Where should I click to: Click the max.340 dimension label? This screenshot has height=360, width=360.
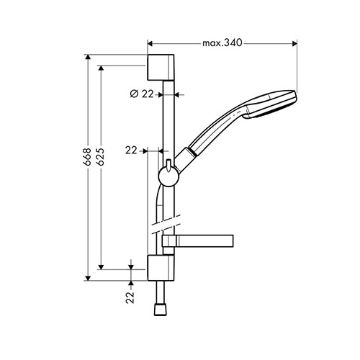click(x=222, y=43)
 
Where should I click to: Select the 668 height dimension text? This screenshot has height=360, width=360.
click(x=87, y=157)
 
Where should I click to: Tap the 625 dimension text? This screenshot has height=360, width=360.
click(x=101, y=157)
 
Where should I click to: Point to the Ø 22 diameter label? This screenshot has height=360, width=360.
click(x=142, y=94)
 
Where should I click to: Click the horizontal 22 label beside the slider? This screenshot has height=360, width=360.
click(x=131, y=150)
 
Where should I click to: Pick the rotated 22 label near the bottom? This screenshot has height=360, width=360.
click(x=130, y=297)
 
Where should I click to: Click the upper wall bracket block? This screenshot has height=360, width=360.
click(x=161, y=68)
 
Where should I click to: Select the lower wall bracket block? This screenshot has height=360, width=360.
click(x=161, y=268)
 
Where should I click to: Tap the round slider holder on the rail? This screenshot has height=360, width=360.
click(x=168, y=176)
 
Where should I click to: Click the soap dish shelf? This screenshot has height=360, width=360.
click(x=198, y=240)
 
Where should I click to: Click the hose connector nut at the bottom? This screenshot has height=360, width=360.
click(x=161, y=310)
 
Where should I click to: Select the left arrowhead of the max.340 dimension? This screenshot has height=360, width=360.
click(x=150, y=43)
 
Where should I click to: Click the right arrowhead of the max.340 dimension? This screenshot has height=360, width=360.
click(x=294, y=43)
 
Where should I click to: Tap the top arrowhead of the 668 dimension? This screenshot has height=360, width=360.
click(x=88, y=57)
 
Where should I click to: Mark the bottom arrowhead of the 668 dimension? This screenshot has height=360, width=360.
click(x=88, y=278)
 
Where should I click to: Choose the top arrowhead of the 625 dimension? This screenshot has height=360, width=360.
click(x=101, y=68)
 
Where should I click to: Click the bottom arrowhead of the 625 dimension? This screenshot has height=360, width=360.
click(x=101, y=266)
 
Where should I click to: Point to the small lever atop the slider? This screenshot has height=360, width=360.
click(x=168, y=166)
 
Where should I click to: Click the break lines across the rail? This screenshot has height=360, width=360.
click(x=166, y=224)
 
